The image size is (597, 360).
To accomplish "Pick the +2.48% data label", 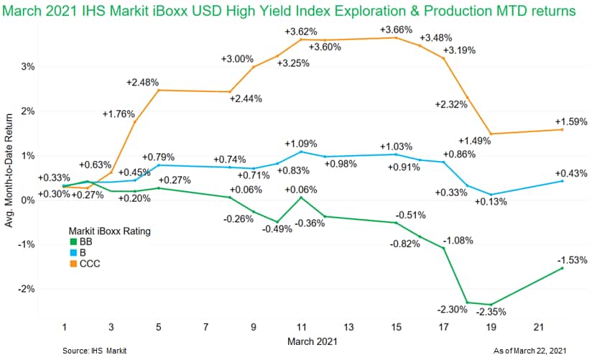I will click(142, 83).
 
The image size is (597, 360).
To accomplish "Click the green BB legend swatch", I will click(73, 243).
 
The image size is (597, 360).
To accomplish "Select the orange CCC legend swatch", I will click(73, 264).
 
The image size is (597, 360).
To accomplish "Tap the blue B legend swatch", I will click(73, 254).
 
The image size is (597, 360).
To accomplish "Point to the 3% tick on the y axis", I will click(29, 66).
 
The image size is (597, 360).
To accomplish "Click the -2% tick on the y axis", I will click(28, 289).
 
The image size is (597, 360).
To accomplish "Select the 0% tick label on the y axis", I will click(29, 200).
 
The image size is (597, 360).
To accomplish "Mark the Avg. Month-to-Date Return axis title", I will click(11, 175).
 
